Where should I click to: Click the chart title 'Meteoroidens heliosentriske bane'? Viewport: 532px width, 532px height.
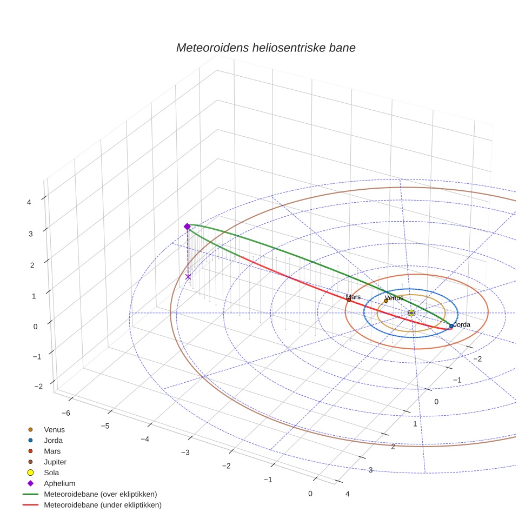pos(265,48)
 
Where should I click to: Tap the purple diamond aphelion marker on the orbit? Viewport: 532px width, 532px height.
pos(187,227)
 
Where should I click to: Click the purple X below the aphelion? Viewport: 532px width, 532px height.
pos(188,277)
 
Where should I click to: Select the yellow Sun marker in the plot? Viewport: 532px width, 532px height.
pos(411,313)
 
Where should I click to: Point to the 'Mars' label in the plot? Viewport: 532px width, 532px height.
pos(353,297)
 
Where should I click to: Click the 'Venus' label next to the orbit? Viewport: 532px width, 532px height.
pos(394,298)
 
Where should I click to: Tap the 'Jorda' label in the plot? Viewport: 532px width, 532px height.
pos(462,325)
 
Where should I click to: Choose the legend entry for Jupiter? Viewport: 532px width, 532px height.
pos(55,462)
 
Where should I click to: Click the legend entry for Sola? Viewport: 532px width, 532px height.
pos(52,473)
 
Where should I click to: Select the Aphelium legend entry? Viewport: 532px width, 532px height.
pos(59,483)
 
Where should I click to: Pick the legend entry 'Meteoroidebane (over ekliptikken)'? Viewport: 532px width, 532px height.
pos(100,494)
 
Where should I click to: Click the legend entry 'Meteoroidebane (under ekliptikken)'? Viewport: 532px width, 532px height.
pos(102,505)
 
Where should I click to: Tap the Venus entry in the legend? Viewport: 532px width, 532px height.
pos(54,429)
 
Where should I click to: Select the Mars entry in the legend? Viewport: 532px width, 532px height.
pos(52,451)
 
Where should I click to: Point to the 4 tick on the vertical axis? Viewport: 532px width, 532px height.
pos(29,202)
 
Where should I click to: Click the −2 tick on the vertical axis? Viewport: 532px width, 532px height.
pos(38,386)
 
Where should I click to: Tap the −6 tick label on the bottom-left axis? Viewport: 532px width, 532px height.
pos(65,413)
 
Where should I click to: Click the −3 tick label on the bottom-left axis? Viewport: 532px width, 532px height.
pos(185,452)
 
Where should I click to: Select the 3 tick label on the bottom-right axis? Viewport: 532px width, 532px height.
pos(370,470)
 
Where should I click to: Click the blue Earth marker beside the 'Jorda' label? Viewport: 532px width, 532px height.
pos(451,326)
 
